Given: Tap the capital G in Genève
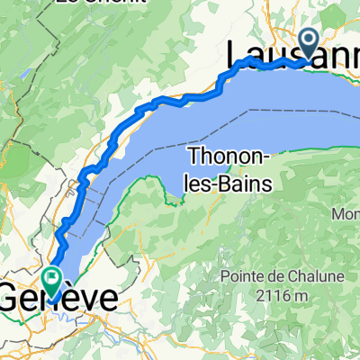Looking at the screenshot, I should pyautogui.click(x=12, y=298).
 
